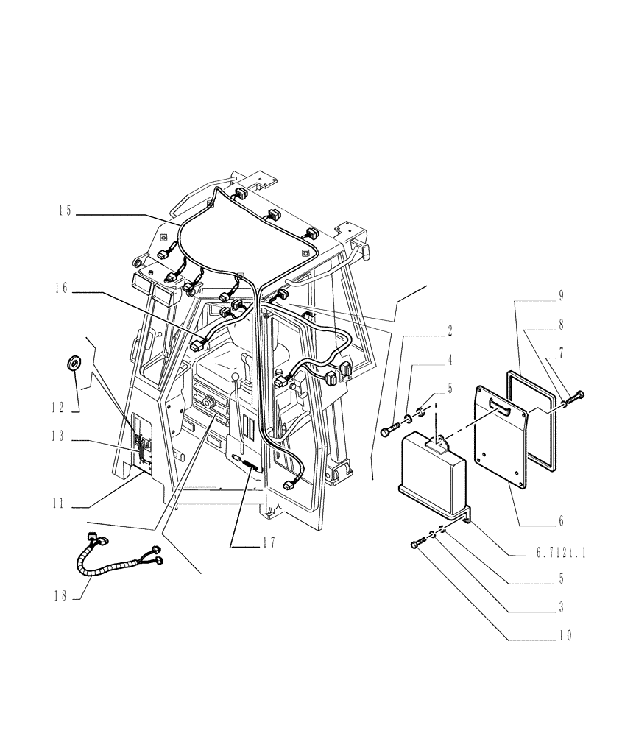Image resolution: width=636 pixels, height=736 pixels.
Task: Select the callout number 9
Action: click(x=561, y=295)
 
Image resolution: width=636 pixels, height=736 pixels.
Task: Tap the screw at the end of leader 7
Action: click(x=579, y=395)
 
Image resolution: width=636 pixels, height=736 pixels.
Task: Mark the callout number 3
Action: click(x=561, y=607)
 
